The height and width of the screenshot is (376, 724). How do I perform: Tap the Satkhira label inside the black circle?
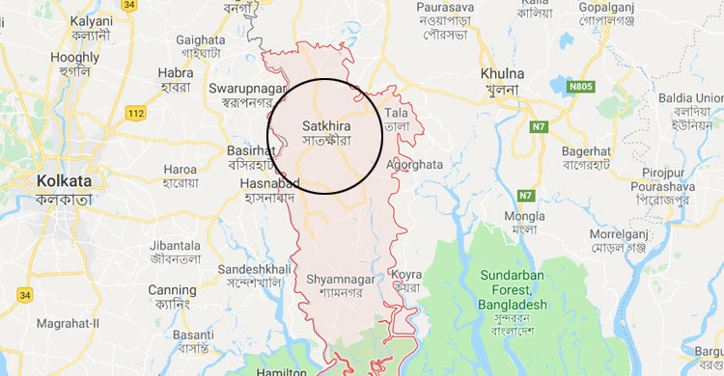coord(325,125)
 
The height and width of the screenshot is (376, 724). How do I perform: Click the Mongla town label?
coord(525,219)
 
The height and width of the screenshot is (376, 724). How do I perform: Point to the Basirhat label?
coord(251,151)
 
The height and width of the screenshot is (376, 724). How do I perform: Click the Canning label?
coord(172,290)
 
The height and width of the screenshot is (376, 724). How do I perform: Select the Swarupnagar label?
coord(246,88)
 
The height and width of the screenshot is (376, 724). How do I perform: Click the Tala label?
coord(397,114)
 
